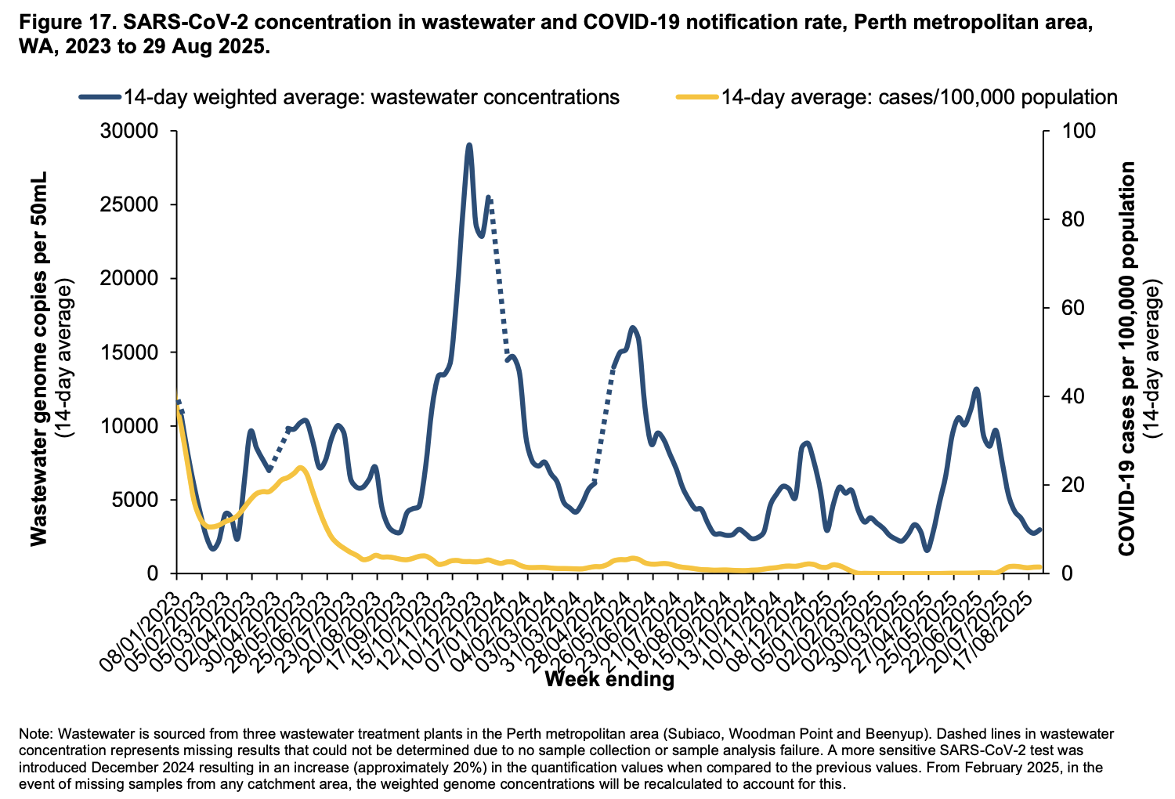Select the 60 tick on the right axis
pos(1065,308)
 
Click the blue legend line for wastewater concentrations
pos(99,97)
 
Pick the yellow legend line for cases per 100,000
pos(696,97)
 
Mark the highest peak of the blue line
pos(468,146)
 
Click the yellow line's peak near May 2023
pos(301,468)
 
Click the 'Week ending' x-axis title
pos(609,678)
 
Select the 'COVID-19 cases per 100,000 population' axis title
pos(1127,359)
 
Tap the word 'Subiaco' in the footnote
pos(692,735)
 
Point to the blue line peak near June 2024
pos(633,327)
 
